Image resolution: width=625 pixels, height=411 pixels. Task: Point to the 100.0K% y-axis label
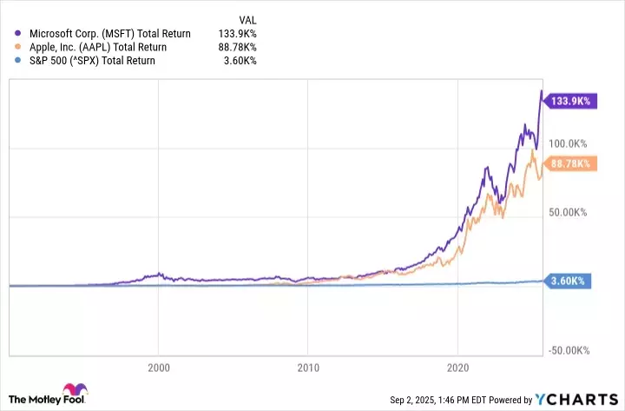tap(569, 143)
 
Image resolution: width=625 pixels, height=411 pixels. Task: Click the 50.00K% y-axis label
tap(569, 212)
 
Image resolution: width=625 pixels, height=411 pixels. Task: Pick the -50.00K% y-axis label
tap(569, 349)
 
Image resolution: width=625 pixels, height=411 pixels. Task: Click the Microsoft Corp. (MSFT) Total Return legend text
tap(109, 34)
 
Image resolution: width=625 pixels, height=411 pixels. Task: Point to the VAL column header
tap(247, 19)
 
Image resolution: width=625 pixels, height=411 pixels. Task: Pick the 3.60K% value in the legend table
tap(242, 61)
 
